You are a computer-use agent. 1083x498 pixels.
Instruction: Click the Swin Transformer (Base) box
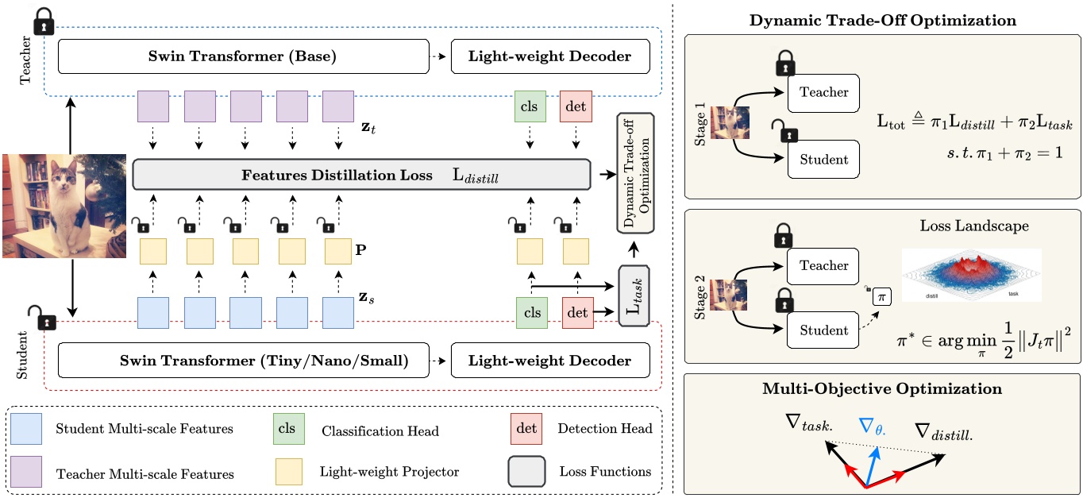[242, 57]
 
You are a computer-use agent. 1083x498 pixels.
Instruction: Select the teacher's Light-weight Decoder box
[550, 57]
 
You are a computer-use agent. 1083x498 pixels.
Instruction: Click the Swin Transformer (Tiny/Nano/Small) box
[242, 361]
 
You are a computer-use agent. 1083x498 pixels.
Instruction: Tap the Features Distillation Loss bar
[361, 174]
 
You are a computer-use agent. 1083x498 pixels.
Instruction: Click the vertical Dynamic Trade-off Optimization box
[635, 172]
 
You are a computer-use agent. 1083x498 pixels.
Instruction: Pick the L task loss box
[634, 295]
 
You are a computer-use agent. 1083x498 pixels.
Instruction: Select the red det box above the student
[576, 313]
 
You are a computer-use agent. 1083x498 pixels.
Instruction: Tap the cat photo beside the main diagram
[64, 207]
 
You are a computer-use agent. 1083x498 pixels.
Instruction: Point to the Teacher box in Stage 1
[823, 92]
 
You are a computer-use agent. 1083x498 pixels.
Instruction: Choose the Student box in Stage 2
[823, 330]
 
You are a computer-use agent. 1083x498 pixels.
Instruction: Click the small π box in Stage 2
[881, 297]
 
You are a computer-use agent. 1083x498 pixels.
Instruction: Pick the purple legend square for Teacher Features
[28, 472]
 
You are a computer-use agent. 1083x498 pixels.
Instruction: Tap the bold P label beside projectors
[362, 249]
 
